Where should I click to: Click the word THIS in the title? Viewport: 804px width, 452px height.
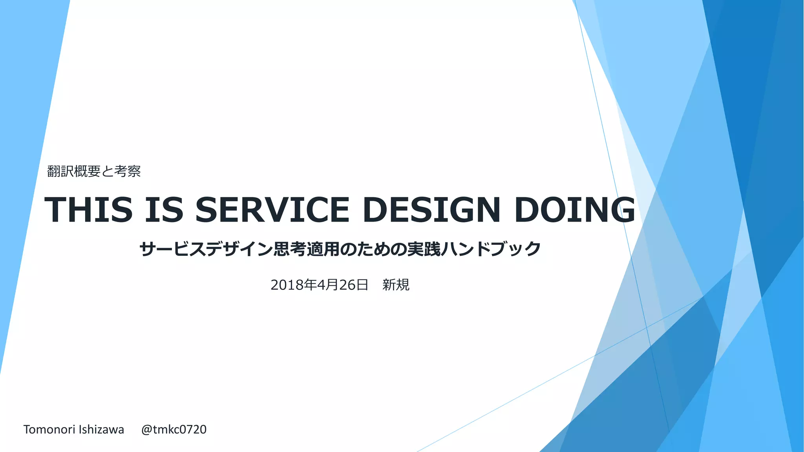[x=89, y=210]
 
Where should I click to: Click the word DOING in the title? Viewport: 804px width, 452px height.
[x=575, y=210]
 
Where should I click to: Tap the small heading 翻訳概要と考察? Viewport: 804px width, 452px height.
[x=94, y=171]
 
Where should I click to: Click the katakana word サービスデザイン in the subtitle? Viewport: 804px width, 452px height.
[x=206, y=249]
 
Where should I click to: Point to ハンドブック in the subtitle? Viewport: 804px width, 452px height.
[x=491, y=249]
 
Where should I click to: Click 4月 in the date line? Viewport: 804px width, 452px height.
[x=328, y=285]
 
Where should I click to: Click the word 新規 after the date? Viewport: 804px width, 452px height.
[x=396, y=285]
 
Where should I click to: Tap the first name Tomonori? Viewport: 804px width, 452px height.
[x=49, y=430]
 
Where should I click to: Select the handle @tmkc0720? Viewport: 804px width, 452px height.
[x=174, y=430]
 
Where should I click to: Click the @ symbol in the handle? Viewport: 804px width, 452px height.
[x=146, y=430]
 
